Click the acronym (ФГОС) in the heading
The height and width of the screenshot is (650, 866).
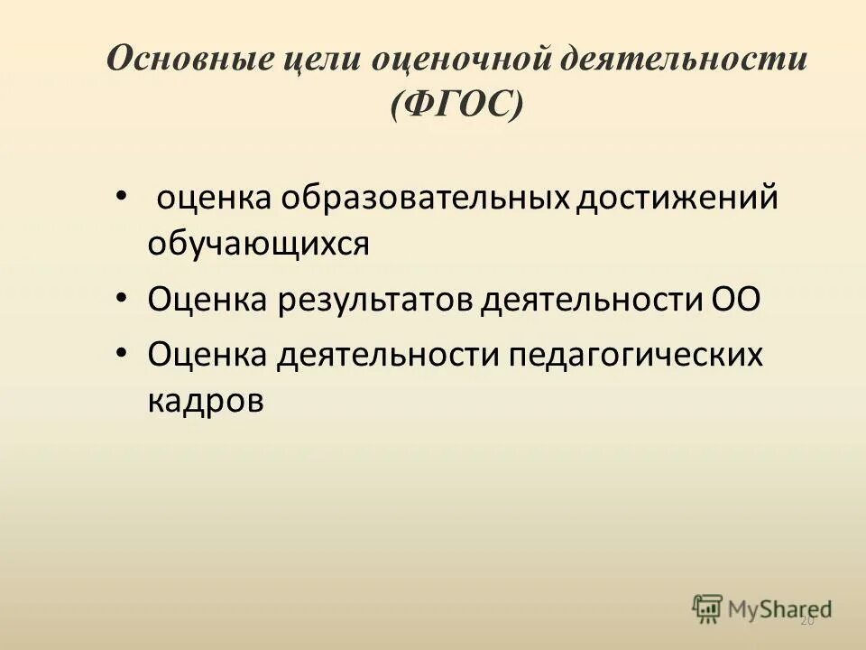tap(456, 107)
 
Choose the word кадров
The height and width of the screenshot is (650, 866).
tap(207, 399)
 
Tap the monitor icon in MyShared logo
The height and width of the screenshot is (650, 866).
tap(708, 608)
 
